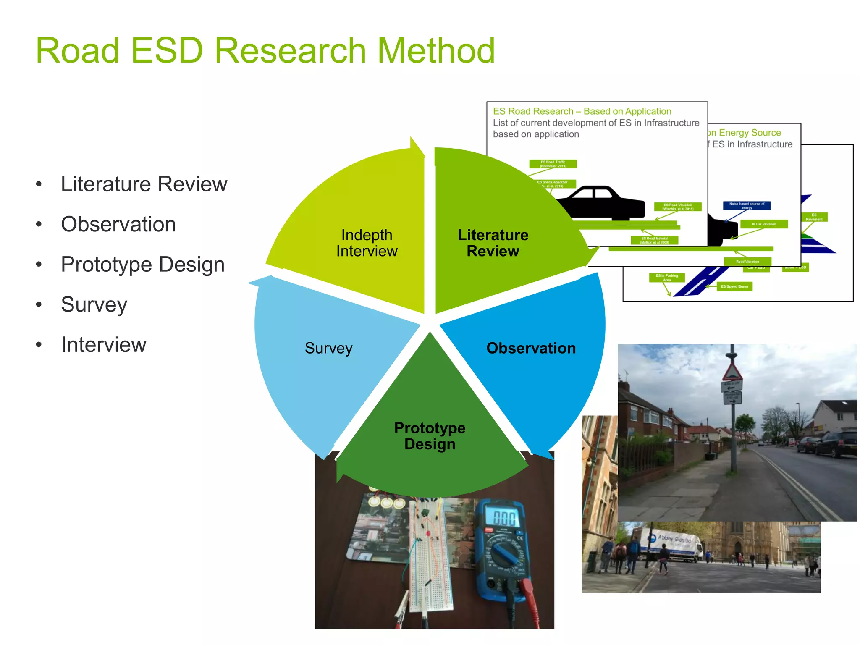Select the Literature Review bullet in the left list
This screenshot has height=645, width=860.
click(144, 184)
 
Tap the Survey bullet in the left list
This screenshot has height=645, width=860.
click(94, 304)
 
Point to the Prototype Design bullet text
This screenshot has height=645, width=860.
click(143, 265)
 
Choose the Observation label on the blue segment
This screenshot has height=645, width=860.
click(531, 348)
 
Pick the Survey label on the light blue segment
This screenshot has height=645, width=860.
click(328, 348)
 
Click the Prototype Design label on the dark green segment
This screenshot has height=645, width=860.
click(430, 436)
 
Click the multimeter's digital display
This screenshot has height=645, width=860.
click(504, 518)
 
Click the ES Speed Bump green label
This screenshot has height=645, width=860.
click(734, 286)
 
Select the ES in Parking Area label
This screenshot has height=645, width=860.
click(667, 278)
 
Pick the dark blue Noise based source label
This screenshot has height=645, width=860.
click(747, 205)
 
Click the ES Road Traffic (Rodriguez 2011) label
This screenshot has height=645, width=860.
click(553, 164)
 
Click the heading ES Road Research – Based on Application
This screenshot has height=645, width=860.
click(582, 111)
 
